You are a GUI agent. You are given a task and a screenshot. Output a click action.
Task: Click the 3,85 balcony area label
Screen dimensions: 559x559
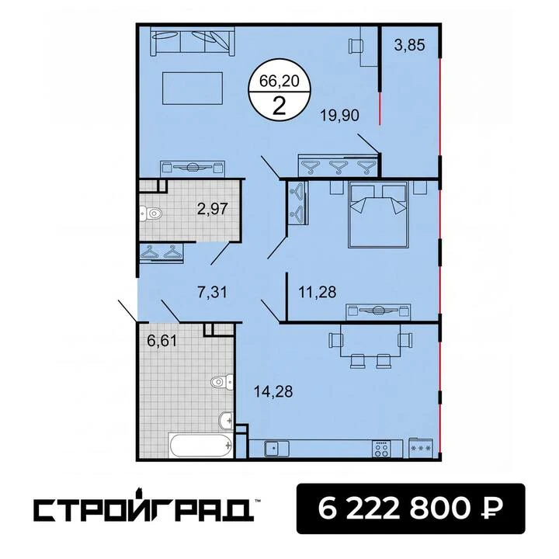coord(409,46)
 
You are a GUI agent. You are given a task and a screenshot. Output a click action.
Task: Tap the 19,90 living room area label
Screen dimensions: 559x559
coord(339,116)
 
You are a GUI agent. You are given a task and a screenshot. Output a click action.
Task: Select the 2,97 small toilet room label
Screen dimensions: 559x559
coord(212,209)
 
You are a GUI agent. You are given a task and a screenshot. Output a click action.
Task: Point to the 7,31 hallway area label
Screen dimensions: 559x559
coord(212,293)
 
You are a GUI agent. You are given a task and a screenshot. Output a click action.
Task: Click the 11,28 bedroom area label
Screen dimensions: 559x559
coord(317,292)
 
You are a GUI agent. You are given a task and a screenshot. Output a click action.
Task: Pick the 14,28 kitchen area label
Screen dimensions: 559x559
coord(273,391)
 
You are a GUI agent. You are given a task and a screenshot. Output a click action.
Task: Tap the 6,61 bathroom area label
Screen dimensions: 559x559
coord(161,341)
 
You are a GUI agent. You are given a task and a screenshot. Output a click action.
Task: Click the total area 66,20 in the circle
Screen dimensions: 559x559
coord(279,82)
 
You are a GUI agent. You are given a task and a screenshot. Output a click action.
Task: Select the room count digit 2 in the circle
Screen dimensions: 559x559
coord(279,106)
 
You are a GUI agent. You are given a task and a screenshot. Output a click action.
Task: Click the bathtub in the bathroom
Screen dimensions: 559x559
coord(201,445)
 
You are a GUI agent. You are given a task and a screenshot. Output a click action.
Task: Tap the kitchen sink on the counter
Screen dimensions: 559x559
coord(276,449)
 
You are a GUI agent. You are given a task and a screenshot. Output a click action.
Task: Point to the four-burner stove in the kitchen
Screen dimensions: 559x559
coord(381,449)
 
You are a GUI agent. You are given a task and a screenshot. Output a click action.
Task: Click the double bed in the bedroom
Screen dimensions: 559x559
coord(378,214)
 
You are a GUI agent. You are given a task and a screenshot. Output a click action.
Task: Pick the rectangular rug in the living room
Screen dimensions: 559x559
coord(193,89)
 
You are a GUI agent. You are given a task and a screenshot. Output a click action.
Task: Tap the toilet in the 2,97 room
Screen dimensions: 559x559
coord(151,214)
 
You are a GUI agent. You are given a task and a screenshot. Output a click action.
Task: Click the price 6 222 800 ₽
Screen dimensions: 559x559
coord(411,509)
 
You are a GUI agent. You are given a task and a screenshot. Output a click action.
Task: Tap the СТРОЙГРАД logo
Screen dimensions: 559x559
coord(144,509)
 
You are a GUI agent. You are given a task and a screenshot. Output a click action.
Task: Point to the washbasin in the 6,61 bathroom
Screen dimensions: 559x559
coord(227,421)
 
